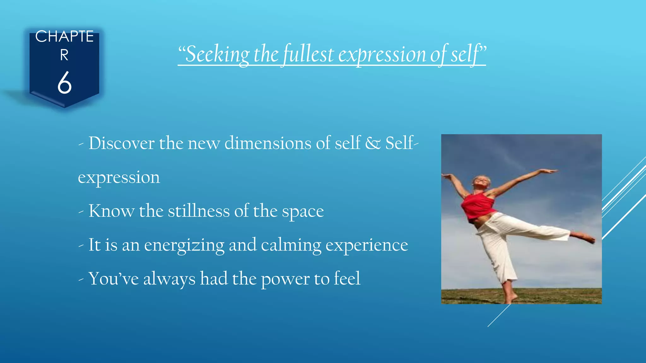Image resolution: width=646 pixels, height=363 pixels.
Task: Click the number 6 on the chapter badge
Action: tap(64, 83)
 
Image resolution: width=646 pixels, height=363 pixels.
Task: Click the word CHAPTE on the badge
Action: tap(64, 37)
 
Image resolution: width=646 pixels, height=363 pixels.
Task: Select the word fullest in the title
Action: tap(308, 54)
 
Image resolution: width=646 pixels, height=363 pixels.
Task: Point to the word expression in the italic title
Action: tap(382, 55)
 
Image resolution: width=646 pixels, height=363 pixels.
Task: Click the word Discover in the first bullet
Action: tap(121, 143)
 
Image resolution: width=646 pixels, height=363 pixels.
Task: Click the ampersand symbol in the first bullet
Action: tap(373, 143)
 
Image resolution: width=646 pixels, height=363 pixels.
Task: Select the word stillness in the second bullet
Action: tap(199, 211)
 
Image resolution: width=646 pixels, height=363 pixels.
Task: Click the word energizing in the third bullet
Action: tap(184, 245)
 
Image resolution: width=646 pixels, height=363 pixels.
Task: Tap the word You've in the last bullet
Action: tap(114, 279)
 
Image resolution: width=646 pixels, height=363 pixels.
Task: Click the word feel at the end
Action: tap(347, 279)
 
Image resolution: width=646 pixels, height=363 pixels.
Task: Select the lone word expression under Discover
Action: tap(119, 178)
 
